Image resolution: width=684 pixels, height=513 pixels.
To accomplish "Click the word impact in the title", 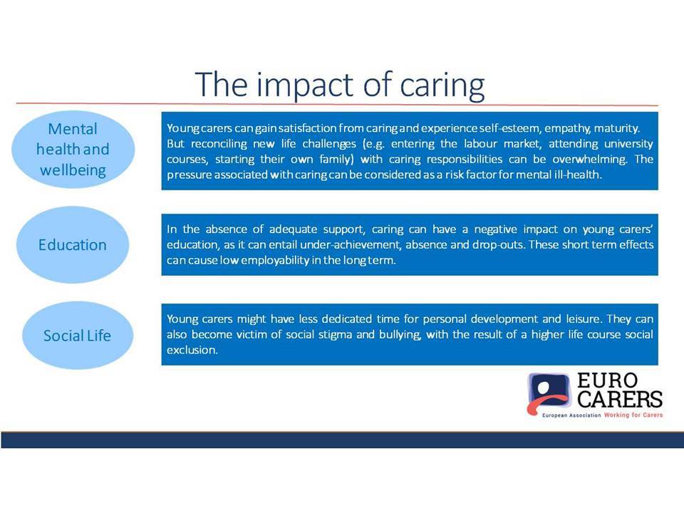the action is [306, 85].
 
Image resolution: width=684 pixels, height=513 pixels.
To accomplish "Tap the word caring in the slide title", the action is [442, 85].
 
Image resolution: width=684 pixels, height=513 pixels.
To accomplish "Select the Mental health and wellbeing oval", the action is [73, 149].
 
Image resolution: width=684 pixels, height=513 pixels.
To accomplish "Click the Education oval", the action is [73, 244].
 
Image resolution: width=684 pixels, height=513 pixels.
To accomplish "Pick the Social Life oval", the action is [77, 336].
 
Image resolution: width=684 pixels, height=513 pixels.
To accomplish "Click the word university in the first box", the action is [628, 144].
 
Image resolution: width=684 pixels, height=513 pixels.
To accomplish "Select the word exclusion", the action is [192, 350].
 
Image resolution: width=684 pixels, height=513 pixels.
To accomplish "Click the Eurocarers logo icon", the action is [549, 393].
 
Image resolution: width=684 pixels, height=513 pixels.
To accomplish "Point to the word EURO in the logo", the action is [607, 380].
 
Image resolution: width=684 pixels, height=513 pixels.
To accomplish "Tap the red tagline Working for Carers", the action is [633, 415].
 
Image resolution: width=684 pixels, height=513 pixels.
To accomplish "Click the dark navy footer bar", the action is [342, 440].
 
